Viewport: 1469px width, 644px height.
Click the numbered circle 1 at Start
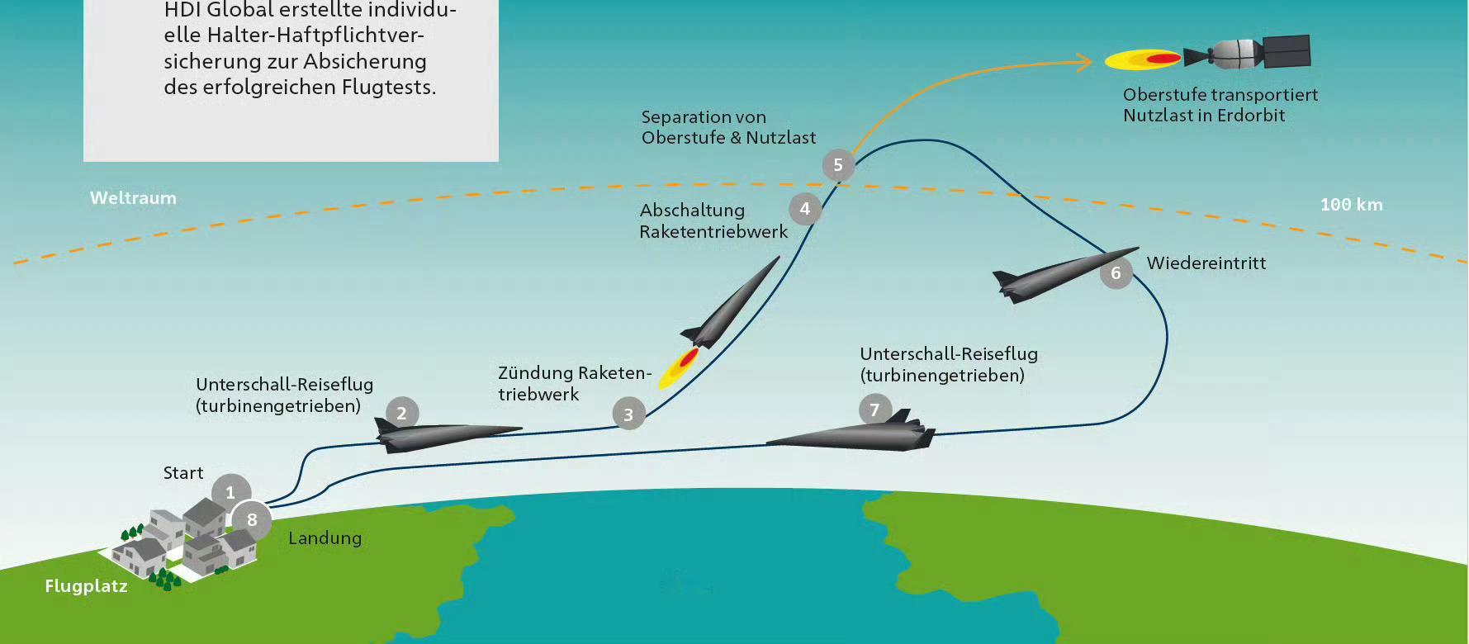230,492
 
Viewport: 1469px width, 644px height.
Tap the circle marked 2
402,413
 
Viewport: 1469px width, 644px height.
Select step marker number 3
628,414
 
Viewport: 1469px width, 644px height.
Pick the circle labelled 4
805,209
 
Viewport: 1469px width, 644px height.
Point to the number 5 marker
838,165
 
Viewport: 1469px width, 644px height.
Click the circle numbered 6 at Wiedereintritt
1116,272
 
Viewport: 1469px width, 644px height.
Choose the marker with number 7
874,410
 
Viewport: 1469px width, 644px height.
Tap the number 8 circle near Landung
252,520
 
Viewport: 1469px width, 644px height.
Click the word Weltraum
133,198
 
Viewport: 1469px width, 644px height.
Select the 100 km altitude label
1351,205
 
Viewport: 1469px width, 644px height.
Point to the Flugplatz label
86,586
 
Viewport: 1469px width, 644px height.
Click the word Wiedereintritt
1206,263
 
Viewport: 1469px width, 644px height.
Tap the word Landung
325,538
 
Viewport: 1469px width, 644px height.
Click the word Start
183,473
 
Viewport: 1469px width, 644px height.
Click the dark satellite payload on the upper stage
1286,51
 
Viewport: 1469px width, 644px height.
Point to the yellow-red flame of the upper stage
1143,59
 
